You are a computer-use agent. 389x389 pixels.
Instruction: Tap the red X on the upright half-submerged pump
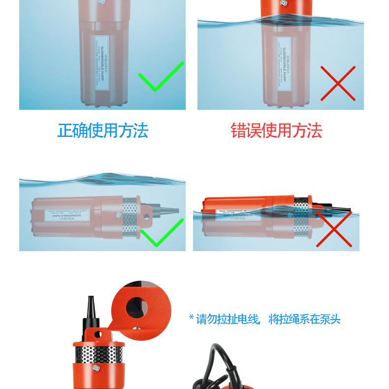338,83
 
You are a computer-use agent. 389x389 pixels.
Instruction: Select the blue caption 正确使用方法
102,130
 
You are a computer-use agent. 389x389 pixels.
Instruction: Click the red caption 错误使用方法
276,130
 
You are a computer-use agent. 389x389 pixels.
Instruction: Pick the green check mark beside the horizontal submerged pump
161,233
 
